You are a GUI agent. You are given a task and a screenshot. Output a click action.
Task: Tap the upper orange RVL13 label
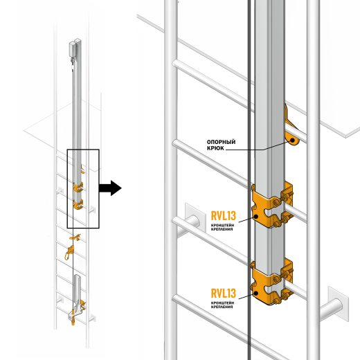pyautogui.click(x=224, y=215)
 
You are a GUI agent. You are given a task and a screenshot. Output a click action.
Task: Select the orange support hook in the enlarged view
pyautogui.click(x=291, y=135)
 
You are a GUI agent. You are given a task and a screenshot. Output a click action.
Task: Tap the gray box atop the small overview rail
pyautogui.click(x=75, y=48)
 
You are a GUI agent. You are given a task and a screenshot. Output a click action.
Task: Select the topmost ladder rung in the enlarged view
pyautogui.click(x=208, y=69)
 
